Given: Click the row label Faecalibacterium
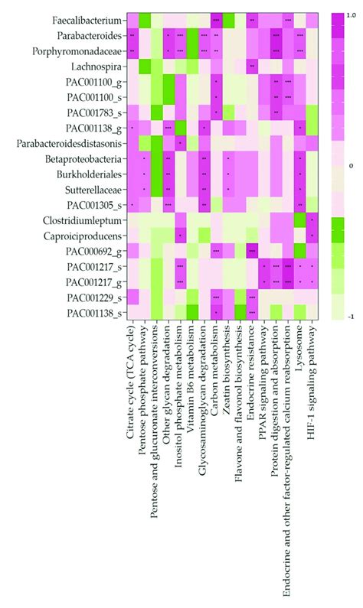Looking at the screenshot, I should click(86, 20).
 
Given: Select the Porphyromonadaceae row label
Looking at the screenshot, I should click(77, 51).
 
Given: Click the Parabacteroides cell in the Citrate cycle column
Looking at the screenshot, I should click(132, 35).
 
